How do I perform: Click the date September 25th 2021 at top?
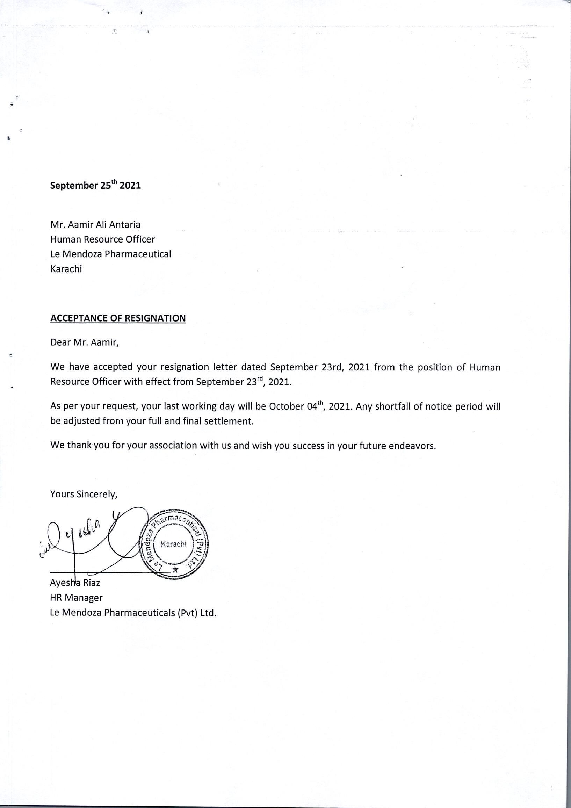point(95,185)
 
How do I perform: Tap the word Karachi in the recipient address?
point(66,269)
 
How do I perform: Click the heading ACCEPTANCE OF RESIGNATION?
point(118,318)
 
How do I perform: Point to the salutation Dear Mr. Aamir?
point(85,342)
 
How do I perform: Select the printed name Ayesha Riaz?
point(75,583)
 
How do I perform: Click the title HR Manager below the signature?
point(76,598)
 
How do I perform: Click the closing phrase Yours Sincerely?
point(84,495)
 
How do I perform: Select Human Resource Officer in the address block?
point(102,239)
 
